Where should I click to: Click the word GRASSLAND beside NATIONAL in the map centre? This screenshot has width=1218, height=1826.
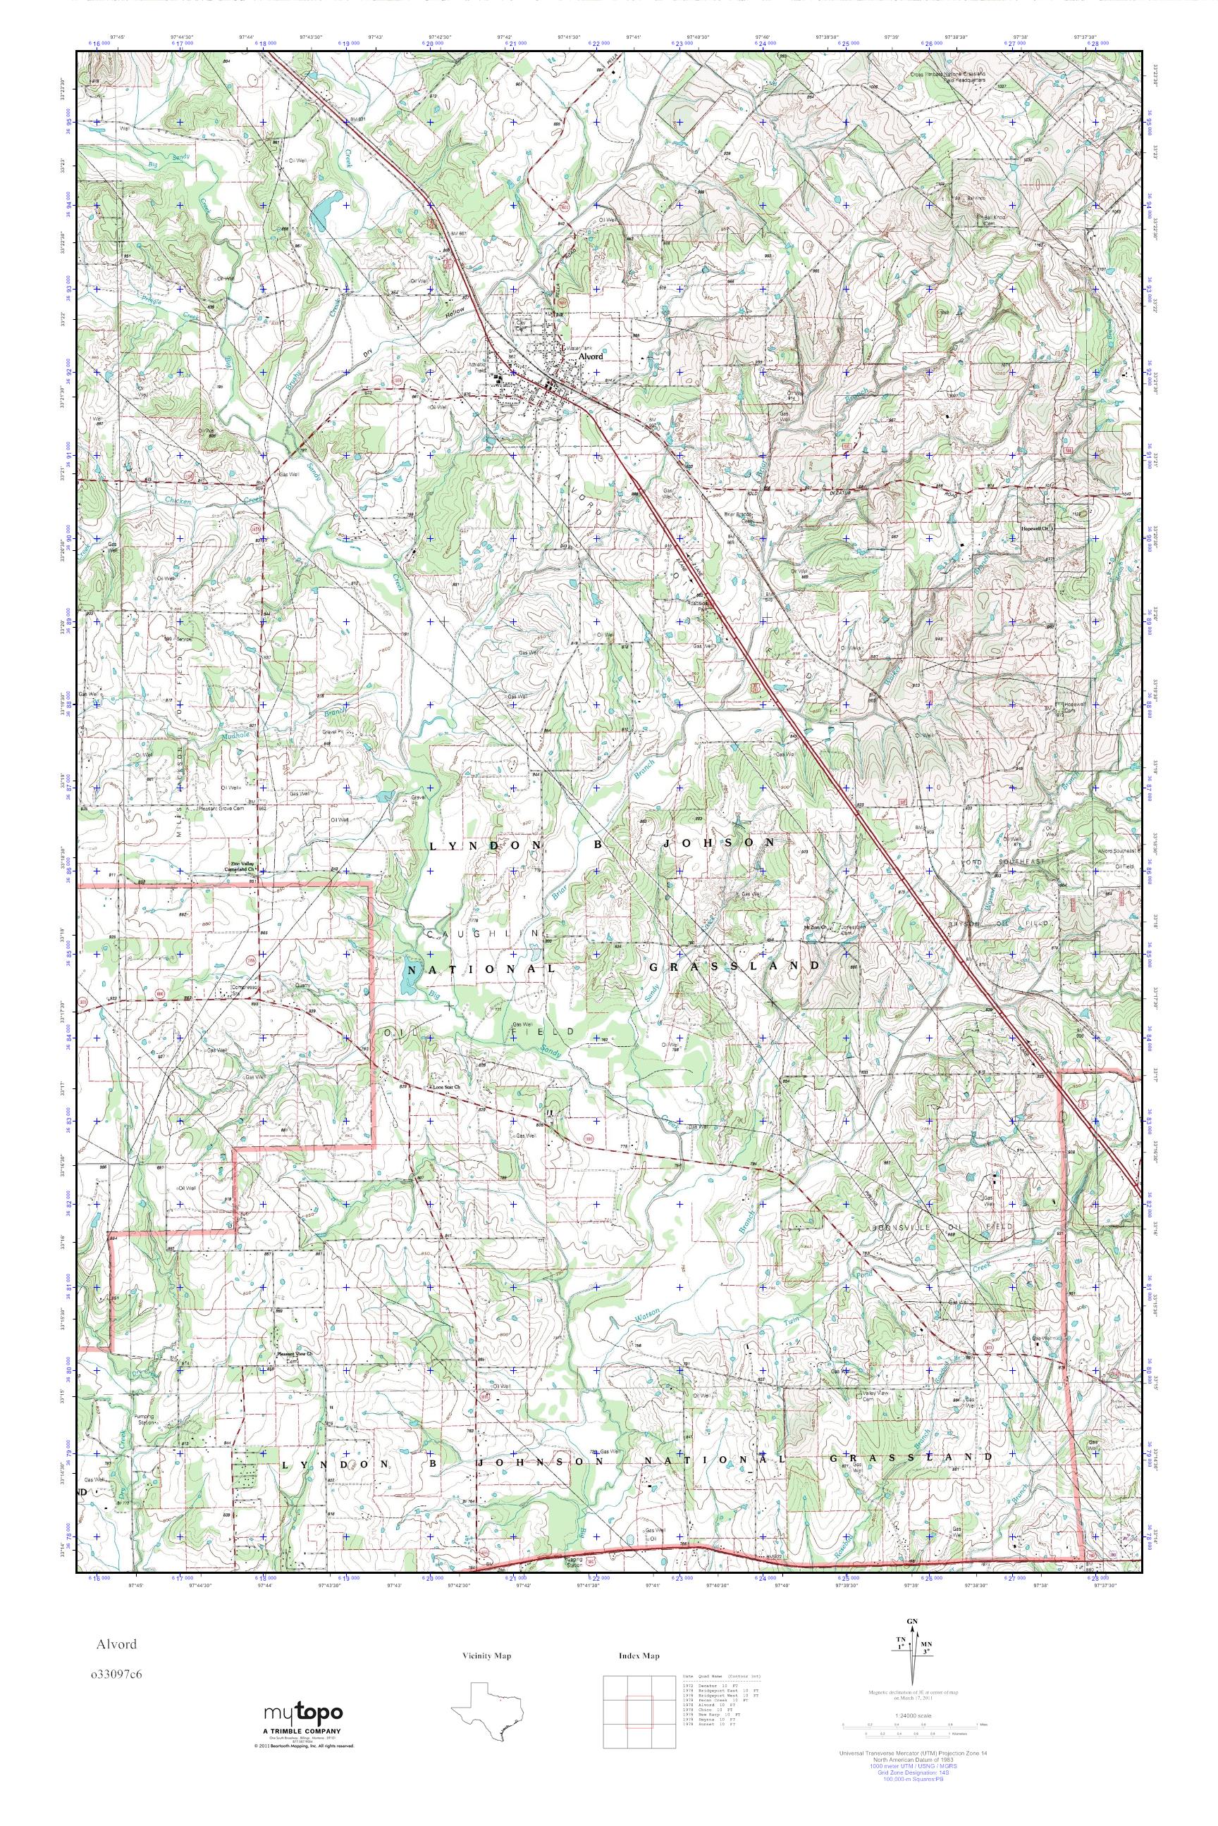click(x=734, y=966)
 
